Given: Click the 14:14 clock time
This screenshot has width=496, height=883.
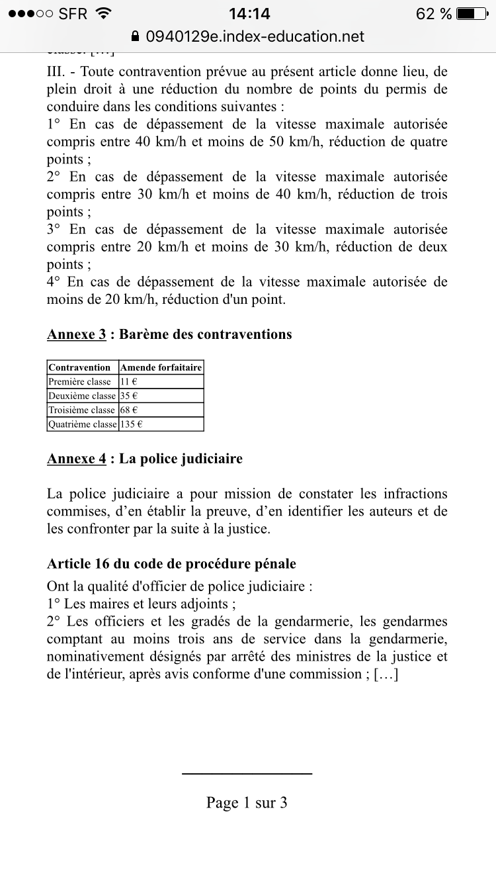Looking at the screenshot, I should point(249,13).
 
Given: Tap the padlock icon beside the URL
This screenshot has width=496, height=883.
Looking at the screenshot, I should point(136,36).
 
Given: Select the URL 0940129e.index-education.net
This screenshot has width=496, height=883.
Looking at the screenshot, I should point(255,36).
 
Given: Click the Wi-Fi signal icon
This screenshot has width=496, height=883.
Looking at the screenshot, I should point(103,13).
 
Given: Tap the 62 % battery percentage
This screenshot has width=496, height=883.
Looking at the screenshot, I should point(434,13).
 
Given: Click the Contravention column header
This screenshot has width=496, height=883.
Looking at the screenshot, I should point(80,367).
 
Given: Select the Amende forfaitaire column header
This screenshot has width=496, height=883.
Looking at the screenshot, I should point(161,367).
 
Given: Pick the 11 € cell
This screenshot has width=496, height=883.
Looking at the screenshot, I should point(128,382).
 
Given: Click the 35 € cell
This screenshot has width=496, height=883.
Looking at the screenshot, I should point(128,396).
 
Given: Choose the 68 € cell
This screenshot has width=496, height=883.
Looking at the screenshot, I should point(128,410).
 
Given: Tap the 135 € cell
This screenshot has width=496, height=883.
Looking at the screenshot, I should point(131,424).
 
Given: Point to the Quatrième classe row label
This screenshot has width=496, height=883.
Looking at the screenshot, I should point(82,424).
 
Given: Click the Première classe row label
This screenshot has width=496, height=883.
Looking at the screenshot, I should point(80,382).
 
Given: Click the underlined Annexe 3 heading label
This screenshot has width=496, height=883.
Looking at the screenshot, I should point(76,334).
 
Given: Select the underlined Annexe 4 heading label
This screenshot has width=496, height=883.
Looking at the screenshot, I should point(76,459).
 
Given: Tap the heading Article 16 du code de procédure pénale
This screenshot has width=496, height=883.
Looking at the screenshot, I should point(171,564).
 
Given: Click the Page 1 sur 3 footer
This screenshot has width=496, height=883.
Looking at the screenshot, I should point(247,803).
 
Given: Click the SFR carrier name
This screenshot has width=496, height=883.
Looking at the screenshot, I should point(73,13).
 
